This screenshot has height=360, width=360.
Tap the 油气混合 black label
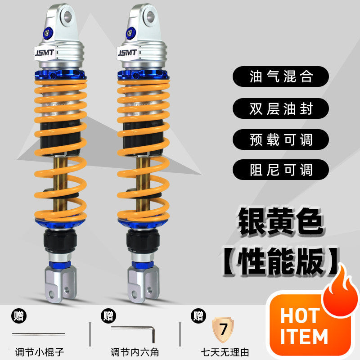pos(280,76)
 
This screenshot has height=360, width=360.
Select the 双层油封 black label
pos(280,108)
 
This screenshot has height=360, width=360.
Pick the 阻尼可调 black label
pos(280,170)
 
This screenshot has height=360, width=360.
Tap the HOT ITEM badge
pos(304,326)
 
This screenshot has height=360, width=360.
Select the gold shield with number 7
pos(223,329)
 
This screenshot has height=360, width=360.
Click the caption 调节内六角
pos(135,352)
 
